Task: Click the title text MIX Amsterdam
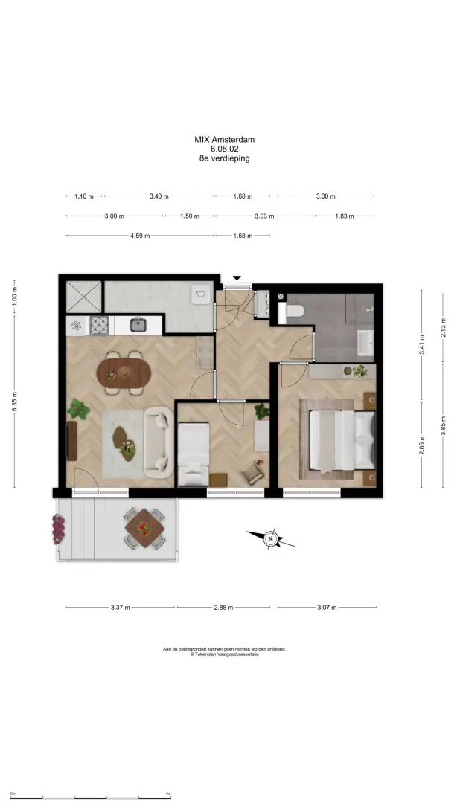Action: [x=224, y=139]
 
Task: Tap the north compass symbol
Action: [x=270, y=538]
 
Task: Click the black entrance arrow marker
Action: [x=237, y=279]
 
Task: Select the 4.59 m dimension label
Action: [x=140, y=236]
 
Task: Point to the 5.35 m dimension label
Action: [x=14, y=402]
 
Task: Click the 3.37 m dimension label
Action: [x=121, y=608]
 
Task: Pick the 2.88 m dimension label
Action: [x=223, y=608]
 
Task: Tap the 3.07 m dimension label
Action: [x=327, y=608]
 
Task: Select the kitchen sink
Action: [x=138, y=325]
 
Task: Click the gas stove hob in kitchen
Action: [x=100, y=325]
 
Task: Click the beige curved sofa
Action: [x=158, y=442]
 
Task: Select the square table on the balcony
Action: [x=144, y=528]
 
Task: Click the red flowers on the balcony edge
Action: [x=58, y=529]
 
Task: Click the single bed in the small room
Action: [x=194, y=454]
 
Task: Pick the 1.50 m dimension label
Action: [x=190, y=216]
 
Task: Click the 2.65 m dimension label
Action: [x=421, y=445]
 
